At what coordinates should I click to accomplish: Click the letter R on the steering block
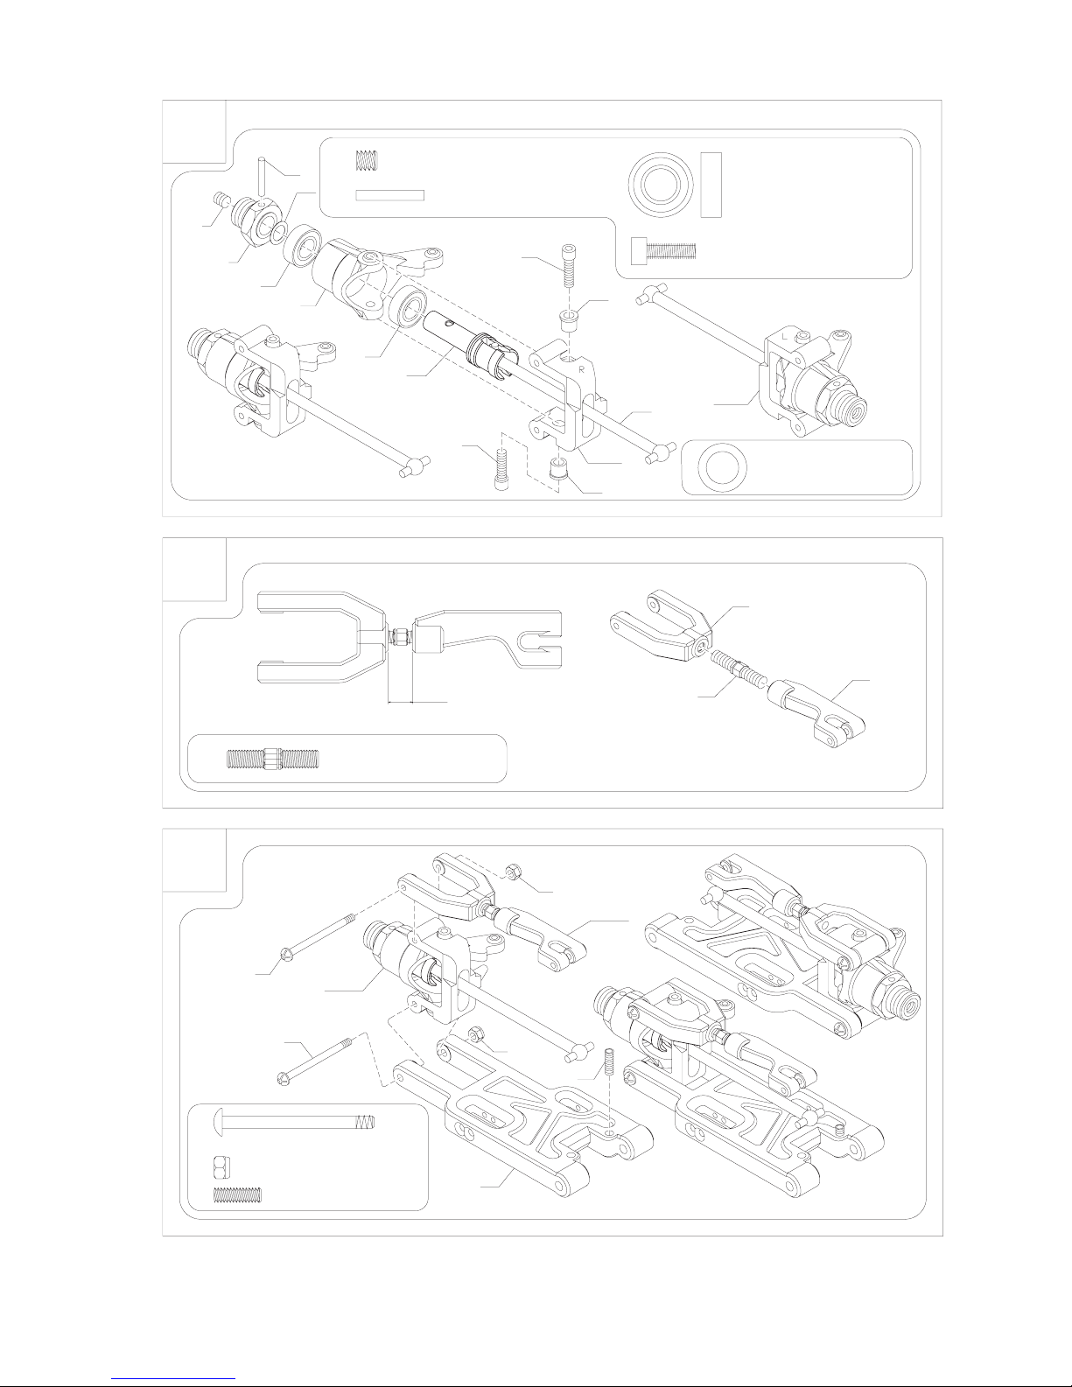[x=582, y=369]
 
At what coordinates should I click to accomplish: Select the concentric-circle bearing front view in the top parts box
[x=661, y=186]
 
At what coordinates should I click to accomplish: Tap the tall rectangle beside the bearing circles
[x=711, y=186]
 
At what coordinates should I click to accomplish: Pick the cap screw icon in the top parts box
[x=663, y=250]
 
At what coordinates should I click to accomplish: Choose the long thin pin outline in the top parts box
[x=390, y=195]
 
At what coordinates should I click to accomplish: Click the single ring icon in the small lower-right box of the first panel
[x=723, y=468]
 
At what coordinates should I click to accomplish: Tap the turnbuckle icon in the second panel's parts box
[x=273, y=759]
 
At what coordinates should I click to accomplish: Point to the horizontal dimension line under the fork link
[x=417, y=702]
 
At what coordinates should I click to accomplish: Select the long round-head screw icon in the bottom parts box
[x=293, y=1122]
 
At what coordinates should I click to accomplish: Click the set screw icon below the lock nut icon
[x=238, y=1194]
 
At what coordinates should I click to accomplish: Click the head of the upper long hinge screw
[x=286, y=955]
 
